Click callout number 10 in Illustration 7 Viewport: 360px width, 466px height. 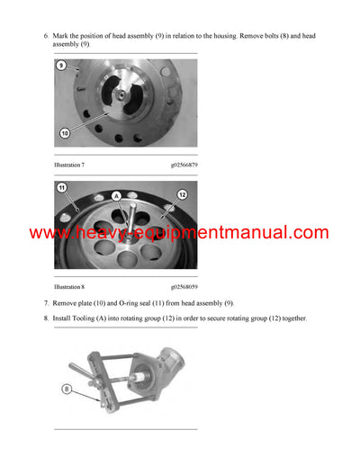pyautogui.click(x=65, y=133)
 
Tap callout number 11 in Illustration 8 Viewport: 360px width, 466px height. pyautogui.click(x=61, y=187)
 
